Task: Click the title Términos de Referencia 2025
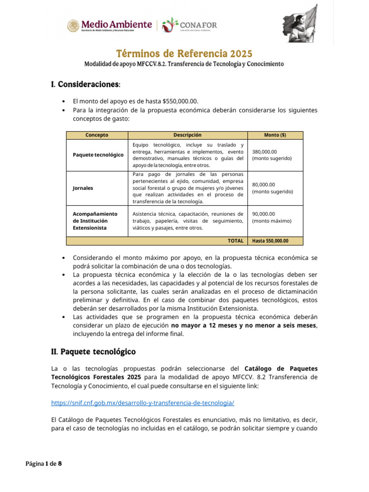[184, 53]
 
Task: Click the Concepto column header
[97, 135]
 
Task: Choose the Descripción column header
[187, 135]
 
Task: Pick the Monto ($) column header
[275, 135]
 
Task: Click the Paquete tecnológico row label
[98, 155]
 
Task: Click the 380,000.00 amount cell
[272, 155]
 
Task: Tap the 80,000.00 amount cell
[272, 188]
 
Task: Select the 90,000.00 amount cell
[272, 217]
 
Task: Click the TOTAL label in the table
[235, 241]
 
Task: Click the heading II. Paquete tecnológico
[93, 351]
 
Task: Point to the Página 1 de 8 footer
[44, 464]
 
